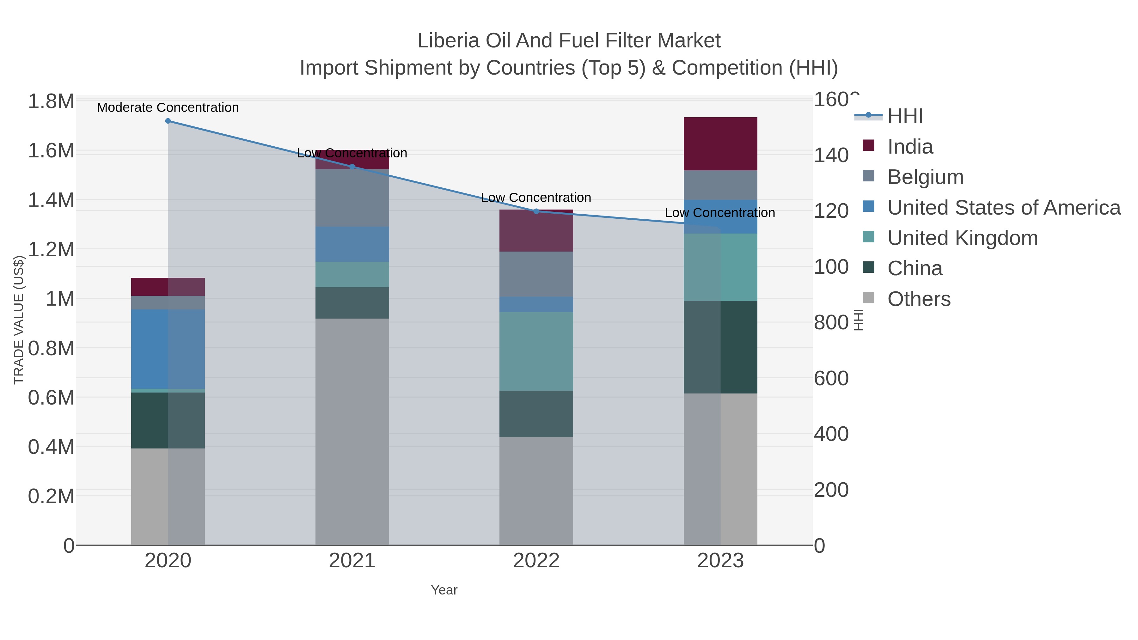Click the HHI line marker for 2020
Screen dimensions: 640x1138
point(168,121)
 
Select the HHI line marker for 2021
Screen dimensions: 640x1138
point(352,167)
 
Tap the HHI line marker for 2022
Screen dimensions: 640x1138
point(536,211)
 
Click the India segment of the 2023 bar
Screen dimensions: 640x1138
point(720,144)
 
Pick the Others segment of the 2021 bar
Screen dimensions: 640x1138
point(352,431)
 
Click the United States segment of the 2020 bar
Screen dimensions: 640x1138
point(168,349)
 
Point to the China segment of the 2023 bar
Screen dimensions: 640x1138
point(720,347)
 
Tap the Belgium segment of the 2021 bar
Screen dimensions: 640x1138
point(352,198)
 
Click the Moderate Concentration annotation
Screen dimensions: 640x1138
point(168,107)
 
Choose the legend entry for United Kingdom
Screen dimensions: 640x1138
point(962,238)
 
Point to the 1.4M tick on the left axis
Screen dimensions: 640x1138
point(51,200)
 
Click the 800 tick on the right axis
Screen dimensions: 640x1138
point(831,322)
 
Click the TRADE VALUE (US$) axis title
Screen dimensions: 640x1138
point(19,320)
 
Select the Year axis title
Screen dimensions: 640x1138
point(444,590)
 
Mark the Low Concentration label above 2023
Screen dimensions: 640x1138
point(720,213)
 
